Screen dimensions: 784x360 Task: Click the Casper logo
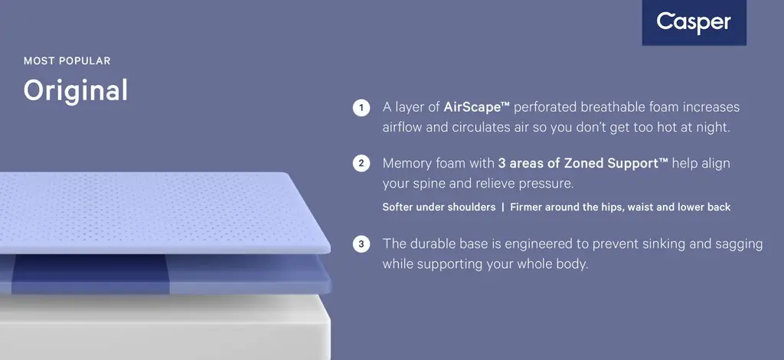click(x=694, y=22)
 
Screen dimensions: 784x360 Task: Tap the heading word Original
click(x=76, y=90)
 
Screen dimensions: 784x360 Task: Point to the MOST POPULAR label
click(x=67, y=61)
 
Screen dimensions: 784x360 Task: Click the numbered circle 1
click(x=361, y=107)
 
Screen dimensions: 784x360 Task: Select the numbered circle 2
click(x=361, y=163)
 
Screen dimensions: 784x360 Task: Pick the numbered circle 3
click(x=361, y=244)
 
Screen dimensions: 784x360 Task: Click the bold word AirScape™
click(x=476, y=107)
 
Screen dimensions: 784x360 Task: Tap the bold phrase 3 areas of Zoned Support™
click(x=583, y=163)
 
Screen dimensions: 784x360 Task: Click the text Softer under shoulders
click(x=439, y=207)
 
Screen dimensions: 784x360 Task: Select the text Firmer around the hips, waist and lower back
click(x=620, y=207)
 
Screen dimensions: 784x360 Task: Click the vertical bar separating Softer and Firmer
click(x=502, y=207)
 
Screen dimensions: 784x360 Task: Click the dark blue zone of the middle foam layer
click(x=90, y=274)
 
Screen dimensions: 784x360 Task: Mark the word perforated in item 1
click(x=550, y=107)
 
